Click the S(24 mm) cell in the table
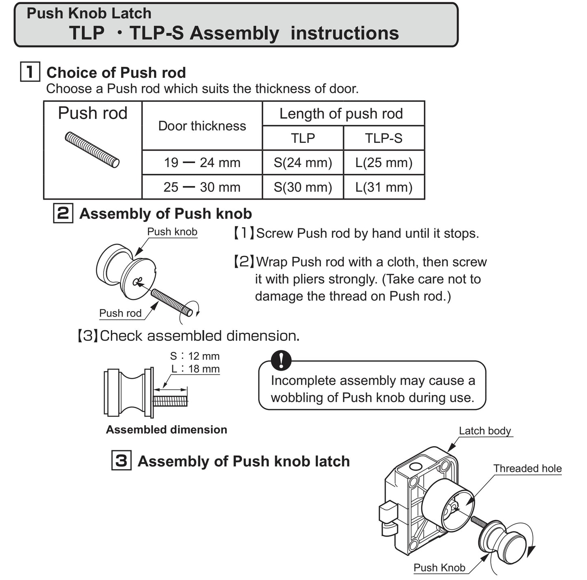303,163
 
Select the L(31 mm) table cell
384,187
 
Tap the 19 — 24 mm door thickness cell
202,163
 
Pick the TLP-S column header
384,138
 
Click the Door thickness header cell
202,126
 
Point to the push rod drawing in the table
92,150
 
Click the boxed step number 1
30,72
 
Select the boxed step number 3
121,461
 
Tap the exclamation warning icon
281,360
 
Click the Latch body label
485,431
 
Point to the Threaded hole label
527,468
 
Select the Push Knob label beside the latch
439,567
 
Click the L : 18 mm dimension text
195,369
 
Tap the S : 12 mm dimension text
195,356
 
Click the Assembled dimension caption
167,430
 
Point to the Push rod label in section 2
120,313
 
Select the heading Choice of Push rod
116,73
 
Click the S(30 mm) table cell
303,187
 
